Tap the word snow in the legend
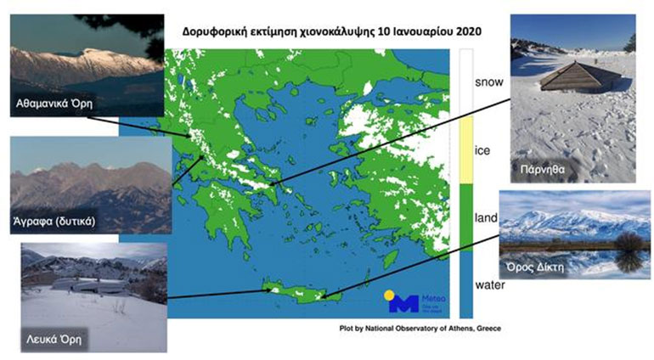pos(488,82)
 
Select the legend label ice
pos(482,150)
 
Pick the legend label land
pos(485,218)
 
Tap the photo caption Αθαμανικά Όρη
pos(53,104)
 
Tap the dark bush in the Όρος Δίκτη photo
pos(630,245)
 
